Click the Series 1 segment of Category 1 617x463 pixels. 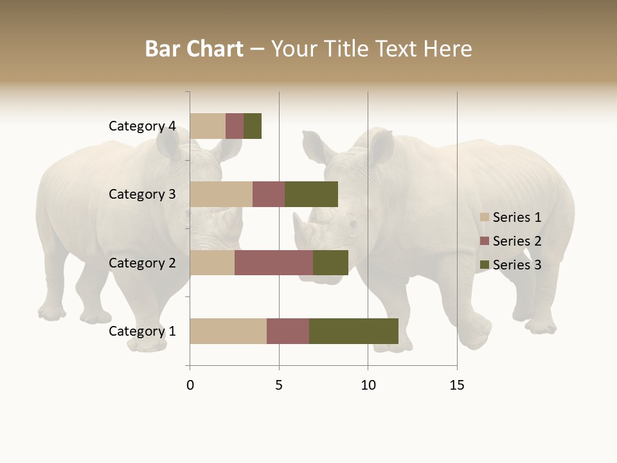tap(228, 331)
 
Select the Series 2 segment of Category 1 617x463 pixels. tap(288, 331)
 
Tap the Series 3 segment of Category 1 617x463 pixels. tap(353, 331)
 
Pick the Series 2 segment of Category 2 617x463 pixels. tap(274, 262)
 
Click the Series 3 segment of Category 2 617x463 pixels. tap(330, 262)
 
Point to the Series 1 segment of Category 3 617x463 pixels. tap(221, 194)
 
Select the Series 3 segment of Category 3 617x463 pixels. tap(311, 194)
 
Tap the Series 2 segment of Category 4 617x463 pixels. tap(235, 126)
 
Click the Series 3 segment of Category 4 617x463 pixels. tap(253, 126)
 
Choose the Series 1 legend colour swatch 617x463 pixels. tap(485, 217)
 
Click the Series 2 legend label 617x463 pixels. tap(517, 241)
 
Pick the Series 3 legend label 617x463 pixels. tap(517, 265)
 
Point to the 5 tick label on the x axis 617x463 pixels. tap(279, 385)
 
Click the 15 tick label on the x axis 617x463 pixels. tap(457, 385)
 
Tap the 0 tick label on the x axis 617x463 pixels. tap(190, 385)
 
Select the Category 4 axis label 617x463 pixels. tap(142, 126)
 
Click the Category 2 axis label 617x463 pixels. tap(142, 262)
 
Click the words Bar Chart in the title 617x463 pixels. tap(194, 49)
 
